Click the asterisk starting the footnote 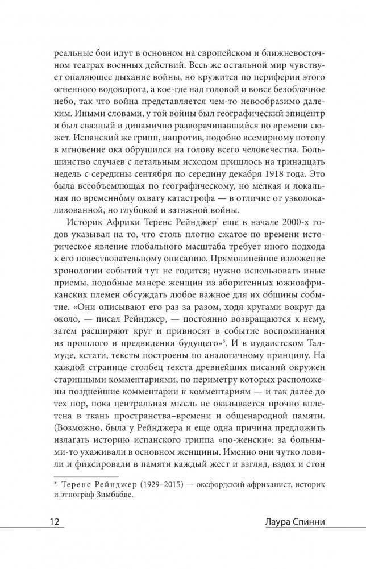56,482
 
